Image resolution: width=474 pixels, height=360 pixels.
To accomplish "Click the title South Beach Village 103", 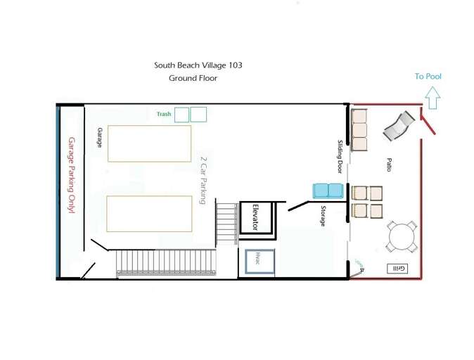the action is point(198,65).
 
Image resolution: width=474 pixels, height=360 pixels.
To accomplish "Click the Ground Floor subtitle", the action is point(193,78).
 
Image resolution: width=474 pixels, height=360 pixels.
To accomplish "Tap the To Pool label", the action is point(428,76).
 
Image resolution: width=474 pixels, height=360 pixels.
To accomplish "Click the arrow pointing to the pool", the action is point(433,97).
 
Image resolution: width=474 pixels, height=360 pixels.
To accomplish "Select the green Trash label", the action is point(164,114).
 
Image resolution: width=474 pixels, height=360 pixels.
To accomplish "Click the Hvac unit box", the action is point(260,262).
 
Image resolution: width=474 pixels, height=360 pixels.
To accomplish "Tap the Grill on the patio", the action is point(397,269).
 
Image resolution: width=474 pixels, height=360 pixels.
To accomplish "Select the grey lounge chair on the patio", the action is point(398,126).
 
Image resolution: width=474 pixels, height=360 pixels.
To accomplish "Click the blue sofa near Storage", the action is point(328,191).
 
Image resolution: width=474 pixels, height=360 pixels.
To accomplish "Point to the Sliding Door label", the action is point(340,156).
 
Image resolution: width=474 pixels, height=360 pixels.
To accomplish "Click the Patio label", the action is point(389,165).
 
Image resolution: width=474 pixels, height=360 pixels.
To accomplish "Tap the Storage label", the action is point(324,216).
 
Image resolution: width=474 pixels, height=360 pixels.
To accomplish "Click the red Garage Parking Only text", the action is point(71,175).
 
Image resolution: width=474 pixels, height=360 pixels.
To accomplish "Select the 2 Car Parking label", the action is point(203,180).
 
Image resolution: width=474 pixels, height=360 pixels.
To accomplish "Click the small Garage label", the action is point(99,138).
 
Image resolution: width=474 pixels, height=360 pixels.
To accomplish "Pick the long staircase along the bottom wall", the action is point(166,262).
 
